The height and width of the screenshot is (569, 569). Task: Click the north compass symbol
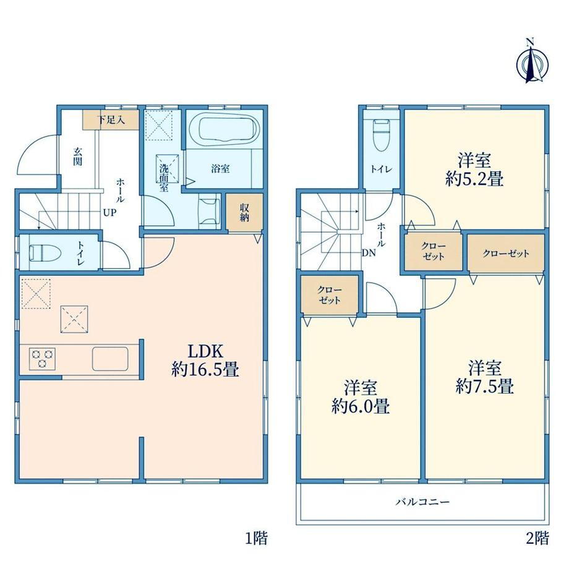point(532,62)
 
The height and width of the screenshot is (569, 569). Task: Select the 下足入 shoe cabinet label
point(111,120)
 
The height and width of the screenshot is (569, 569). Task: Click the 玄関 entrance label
point(78,156)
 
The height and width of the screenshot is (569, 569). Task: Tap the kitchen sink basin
point(110,359)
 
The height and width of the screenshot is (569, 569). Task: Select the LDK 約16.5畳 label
point(205,361)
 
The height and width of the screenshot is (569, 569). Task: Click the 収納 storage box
point(244,212)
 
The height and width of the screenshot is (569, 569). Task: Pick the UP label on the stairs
point(109,213)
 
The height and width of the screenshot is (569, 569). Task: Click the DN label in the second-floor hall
point(369,253)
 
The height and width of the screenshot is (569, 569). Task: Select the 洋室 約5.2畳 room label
point(474,169)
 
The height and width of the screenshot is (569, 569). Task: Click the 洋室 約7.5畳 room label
point(484,377)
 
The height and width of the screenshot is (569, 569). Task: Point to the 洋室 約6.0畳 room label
point(361,397)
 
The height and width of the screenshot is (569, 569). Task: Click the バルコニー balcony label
point(423,502)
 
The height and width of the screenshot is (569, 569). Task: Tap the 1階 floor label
point(257,538)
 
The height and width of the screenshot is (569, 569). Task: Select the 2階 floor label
point(537,538)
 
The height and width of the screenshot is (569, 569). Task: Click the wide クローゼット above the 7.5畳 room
point(506,253)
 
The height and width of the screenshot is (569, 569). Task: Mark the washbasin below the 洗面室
point(210,211)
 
